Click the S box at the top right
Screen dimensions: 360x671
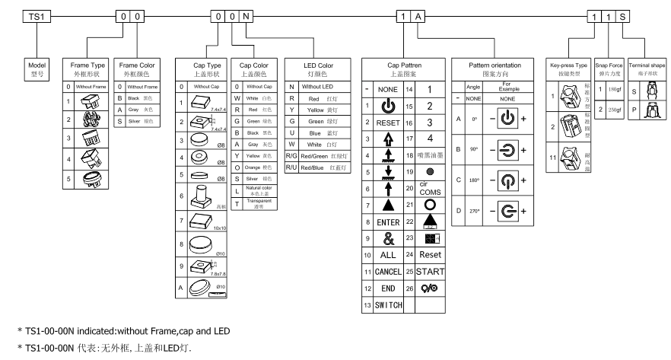[x=624, y=16]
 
